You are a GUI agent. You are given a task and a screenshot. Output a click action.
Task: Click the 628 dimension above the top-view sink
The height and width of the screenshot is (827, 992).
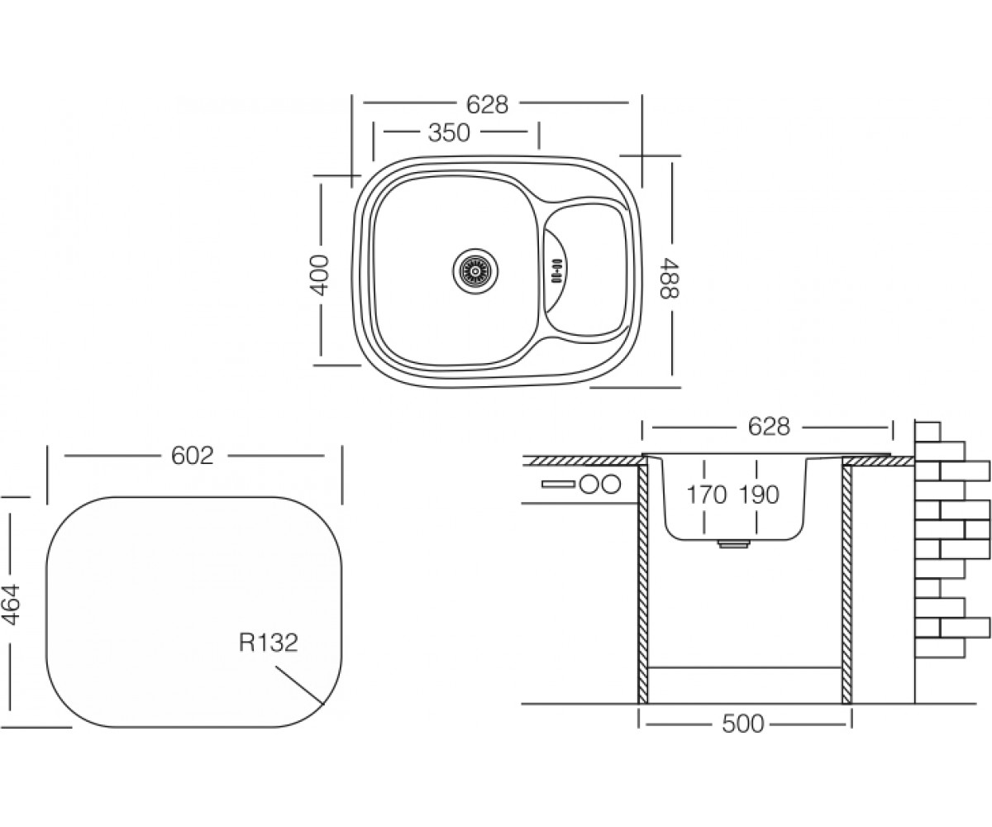(488, 105)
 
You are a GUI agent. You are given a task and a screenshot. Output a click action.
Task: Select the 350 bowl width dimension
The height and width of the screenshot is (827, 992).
(449, 133)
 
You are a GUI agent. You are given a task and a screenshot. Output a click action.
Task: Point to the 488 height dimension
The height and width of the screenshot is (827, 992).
(669, 278)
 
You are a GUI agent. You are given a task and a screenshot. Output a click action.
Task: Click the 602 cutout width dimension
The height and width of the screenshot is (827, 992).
(193, 457)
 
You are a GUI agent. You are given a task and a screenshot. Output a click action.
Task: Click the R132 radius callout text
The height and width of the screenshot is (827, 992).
(269, 643)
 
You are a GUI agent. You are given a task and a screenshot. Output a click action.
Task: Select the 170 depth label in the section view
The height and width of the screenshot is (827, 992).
(707, 495)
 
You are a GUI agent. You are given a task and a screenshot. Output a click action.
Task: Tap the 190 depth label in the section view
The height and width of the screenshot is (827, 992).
(759, 495)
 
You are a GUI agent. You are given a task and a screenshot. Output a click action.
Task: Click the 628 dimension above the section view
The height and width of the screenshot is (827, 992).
(769, 427)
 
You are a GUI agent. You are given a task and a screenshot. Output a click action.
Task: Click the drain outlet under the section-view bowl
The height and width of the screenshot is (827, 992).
(733, 543)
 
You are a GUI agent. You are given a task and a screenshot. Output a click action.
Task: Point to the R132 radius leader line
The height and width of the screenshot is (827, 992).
(298, 685)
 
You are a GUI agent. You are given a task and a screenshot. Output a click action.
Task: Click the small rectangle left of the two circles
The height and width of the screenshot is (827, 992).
(559, 485)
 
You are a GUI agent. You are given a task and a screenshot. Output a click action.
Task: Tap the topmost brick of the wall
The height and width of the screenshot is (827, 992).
(928, 432)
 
